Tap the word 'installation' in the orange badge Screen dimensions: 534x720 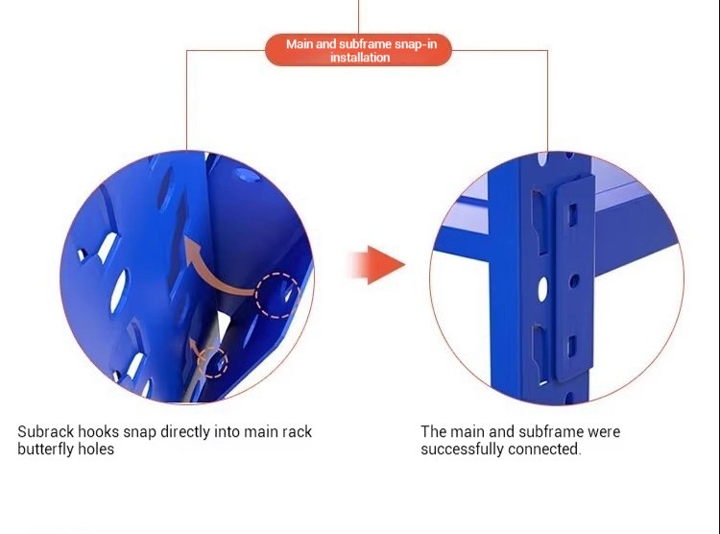360,59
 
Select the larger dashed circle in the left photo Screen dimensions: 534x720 276,295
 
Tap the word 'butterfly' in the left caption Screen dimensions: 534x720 48,449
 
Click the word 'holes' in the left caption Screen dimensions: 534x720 98,449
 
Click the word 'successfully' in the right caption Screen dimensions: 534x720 463,449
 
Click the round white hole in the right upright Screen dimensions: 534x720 542,287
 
